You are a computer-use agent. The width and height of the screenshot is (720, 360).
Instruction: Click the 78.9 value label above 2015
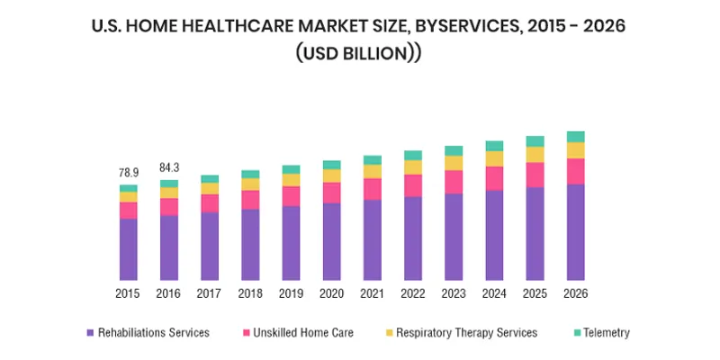click(128, 172)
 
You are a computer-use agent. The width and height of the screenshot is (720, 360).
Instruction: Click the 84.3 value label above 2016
click(168, 167)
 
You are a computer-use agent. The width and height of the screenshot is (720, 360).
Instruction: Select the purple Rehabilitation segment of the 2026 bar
click(576, 231)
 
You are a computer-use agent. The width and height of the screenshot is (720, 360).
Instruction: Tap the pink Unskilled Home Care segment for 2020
click(332, 193)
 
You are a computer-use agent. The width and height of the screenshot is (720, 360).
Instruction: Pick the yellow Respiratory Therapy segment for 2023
click(454, 163)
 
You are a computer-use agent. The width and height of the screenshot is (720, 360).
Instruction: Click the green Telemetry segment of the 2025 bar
click(535, 140)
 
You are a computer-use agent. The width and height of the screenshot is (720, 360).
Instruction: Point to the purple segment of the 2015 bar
click(128, 248)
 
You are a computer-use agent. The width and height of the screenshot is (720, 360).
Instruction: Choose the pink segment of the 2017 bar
click(210, 202)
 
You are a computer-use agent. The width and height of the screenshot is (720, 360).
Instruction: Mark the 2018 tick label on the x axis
click(250, 293)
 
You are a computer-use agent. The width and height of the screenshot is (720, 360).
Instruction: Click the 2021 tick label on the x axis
click(373, 293)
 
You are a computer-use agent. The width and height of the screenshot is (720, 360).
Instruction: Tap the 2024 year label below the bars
click(494, 293)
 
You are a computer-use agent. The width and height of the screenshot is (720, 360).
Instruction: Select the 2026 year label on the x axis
click(576, 293)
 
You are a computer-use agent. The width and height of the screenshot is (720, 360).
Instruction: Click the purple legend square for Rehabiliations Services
click(90, 333)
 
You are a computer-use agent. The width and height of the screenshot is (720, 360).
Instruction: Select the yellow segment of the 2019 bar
click(291, 180)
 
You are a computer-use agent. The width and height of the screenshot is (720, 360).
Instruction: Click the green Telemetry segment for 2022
click(413, 155)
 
